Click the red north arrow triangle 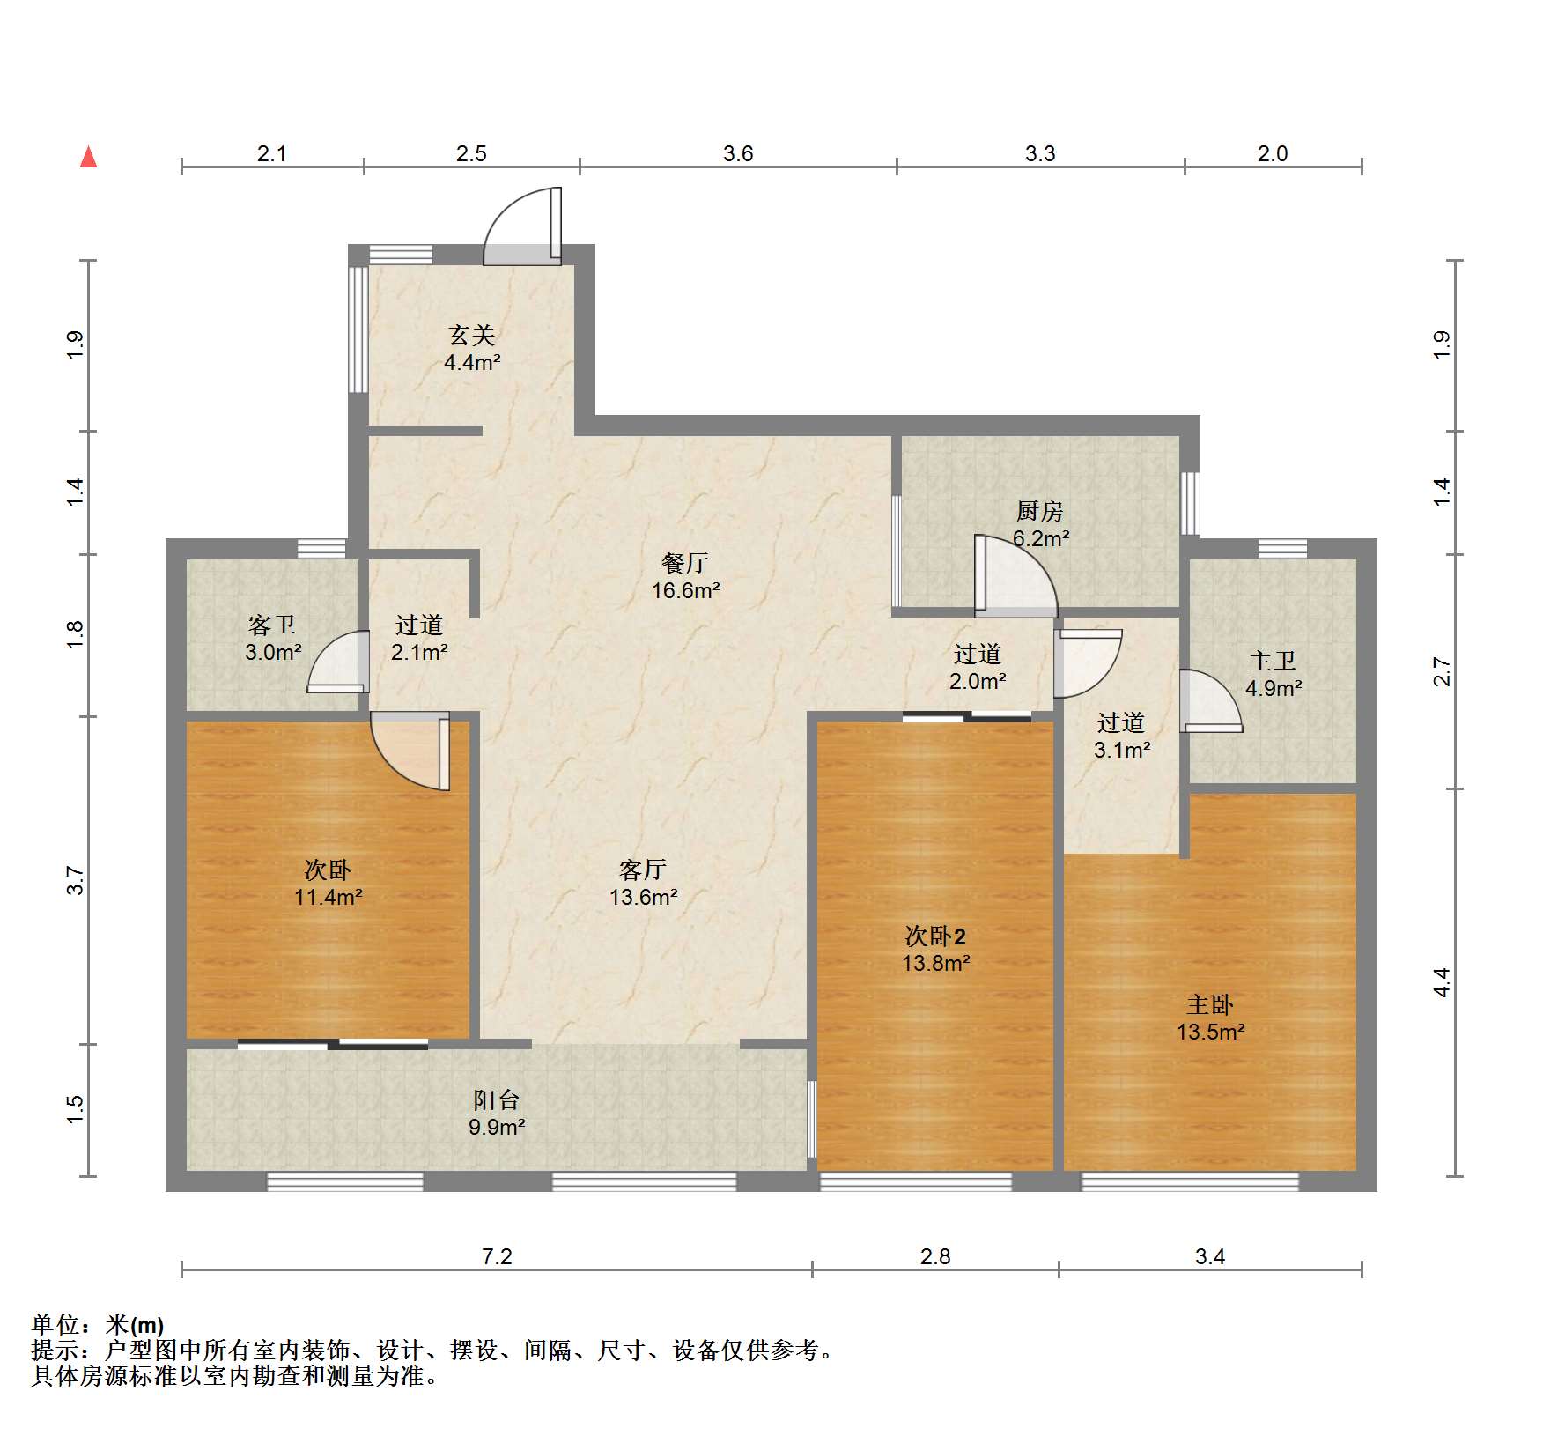pyautogui.click(x=88, y=157)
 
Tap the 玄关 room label pyautogui.click(x=472, y=335)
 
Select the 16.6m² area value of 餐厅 pyautogui.click(x=685, y=591)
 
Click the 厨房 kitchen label pyautogui.click(x=1040, y=511)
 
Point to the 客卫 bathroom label pyautogui.click(x=272, y=625)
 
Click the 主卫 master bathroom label pyautogui.click(x=1273, y=662)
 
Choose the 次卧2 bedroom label pyautogui.click(x=935, y=936)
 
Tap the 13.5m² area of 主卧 pyautogui.click(x=1210, y=1033)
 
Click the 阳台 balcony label pyautogui.click(x=497, y=1100)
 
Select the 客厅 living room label pyautogui.click(x=643, y=870)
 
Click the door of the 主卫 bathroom pyautogui.click(x=1211, y=701)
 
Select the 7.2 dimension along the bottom pyautogui.click(x=497, y=1256)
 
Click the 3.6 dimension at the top pyautogui.click(x=738, y=154)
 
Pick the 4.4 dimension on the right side pyautogui.click(x=1442, y=982)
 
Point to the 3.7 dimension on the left pyautogui.click(x=76, y=881)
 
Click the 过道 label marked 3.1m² pyautogui.click(x=1121, y=723)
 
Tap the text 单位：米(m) pyautogui.click(x=98, y=1325)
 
